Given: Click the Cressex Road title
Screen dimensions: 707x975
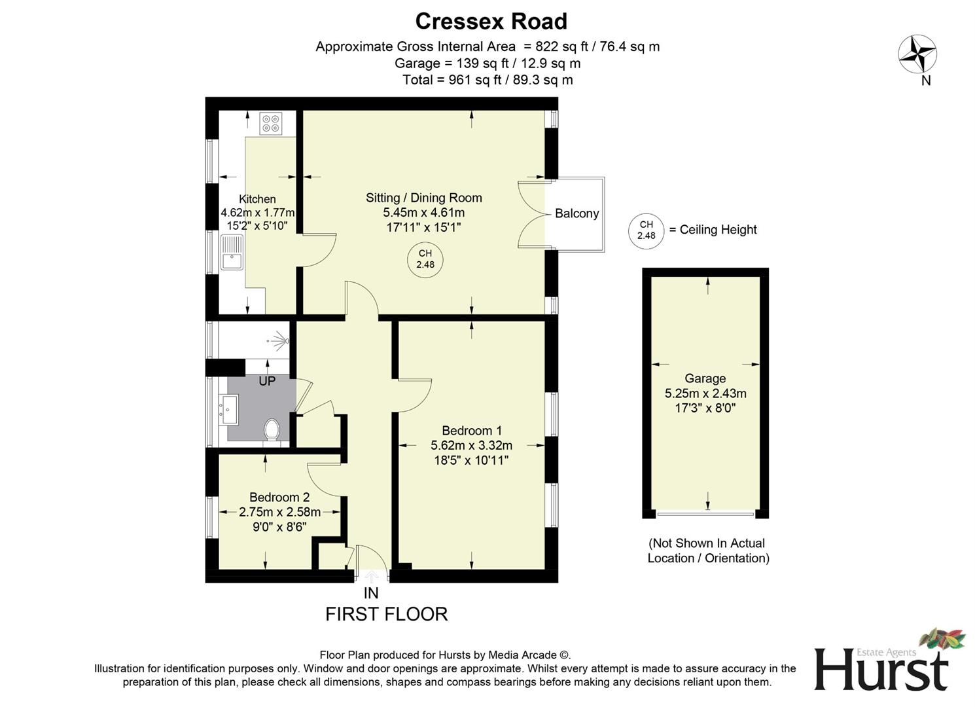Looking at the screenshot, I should (491, 22).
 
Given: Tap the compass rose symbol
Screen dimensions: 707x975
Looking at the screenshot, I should (917, 54).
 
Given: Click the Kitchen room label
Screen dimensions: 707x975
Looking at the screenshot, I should (257, 199).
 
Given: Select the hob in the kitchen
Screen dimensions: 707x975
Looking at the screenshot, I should (271, 123).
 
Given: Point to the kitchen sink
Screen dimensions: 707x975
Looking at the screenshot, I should (232, 253).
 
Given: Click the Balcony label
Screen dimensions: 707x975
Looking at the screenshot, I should (576, 213).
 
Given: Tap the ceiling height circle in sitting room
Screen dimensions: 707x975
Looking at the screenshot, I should (425, 259).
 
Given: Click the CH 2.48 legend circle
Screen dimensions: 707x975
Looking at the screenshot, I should (646, 230).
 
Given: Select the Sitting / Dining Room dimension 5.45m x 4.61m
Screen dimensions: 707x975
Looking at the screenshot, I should (423, 213).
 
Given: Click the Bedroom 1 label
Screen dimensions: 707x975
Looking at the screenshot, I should (471, 431).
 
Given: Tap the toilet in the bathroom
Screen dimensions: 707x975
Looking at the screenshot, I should (272, 430).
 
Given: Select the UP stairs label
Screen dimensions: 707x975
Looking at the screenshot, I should (267, 381).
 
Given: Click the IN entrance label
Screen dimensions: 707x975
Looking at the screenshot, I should (371, 593).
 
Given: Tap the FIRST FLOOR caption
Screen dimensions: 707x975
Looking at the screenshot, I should (386, 614).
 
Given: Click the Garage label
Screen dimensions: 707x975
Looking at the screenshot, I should (705, 378).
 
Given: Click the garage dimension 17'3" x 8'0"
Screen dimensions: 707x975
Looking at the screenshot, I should (705, 408).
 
